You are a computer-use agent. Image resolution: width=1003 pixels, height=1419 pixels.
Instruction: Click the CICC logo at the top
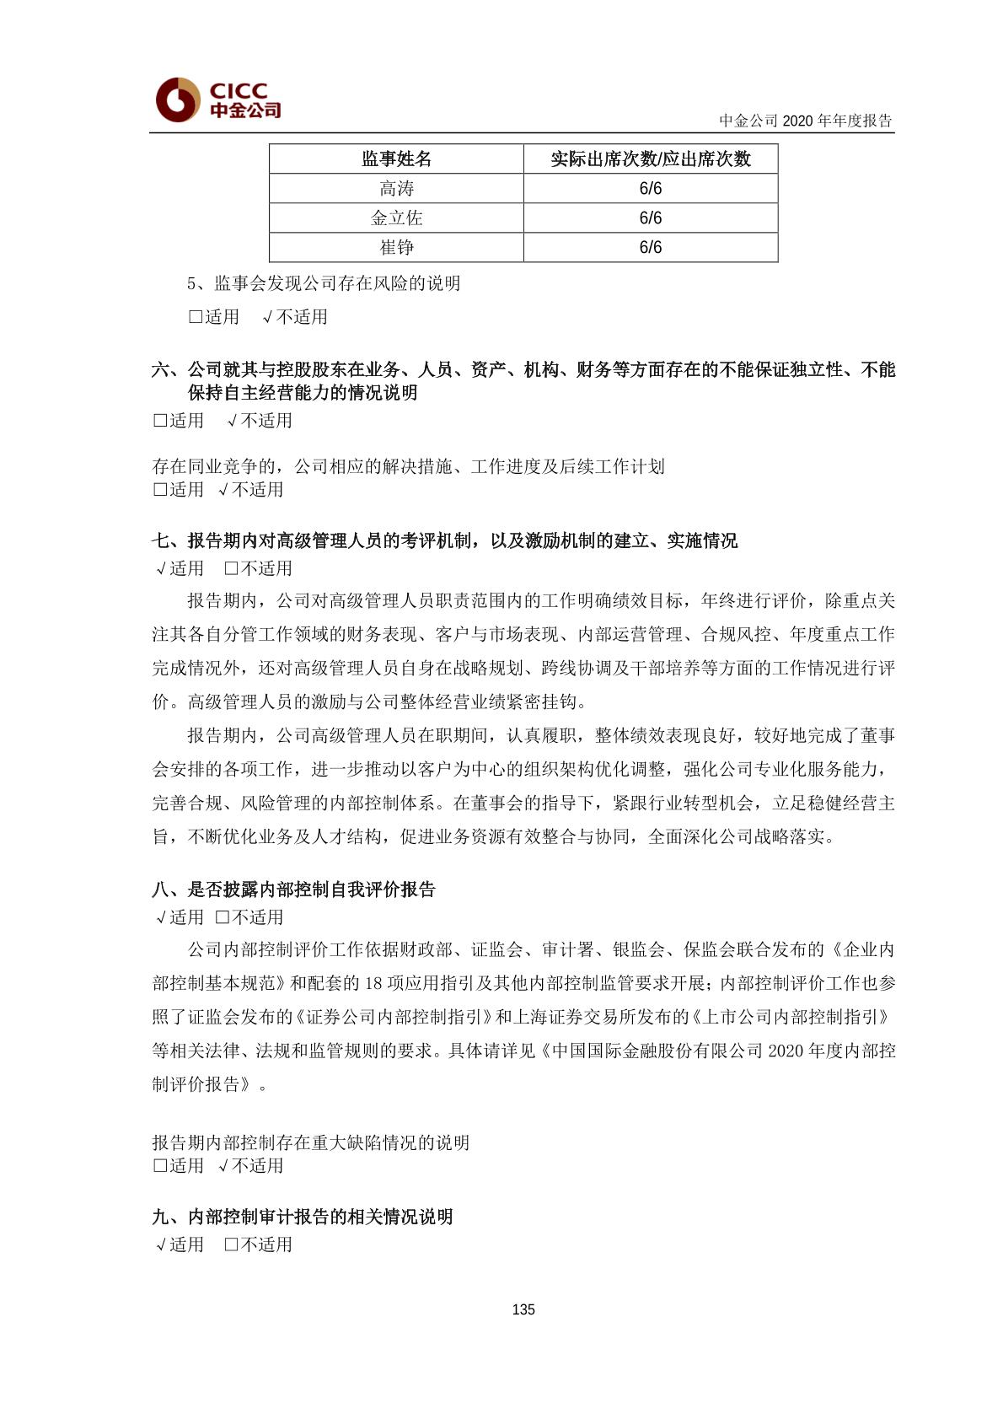[218, 99]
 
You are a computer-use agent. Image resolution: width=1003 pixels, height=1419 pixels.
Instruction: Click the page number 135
[523, 1309]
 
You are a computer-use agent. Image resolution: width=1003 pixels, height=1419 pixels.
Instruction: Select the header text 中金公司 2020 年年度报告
[805, 121]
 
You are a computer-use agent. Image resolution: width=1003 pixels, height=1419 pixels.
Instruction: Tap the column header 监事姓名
[396, 159]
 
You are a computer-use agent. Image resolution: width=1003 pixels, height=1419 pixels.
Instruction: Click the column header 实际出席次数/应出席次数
[650, 159]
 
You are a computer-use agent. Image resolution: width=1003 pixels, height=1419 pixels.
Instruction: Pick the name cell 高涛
[396, 189]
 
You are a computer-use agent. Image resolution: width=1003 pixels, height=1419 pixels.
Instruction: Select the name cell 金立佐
[396, 218]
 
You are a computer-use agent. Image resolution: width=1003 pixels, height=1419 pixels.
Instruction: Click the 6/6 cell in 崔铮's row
[650, 248]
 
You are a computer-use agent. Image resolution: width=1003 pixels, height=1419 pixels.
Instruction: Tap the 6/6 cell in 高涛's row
[650, 189]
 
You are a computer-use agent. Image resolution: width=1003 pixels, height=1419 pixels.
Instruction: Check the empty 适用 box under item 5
[196, 317]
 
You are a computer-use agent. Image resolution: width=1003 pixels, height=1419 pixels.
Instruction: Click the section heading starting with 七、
[444, 540]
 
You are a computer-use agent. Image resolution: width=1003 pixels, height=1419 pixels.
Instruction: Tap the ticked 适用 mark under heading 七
[161, 569]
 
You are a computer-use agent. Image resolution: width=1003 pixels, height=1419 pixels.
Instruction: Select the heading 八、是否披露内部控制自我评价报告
[293, 890]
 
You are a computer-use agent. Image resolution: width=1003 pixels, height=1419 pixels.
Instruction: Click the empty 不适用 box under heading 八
[223, 917]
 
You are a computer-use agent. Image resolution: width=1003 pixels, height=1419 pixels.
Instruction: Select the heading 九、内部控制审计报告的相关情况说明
[303, 1217]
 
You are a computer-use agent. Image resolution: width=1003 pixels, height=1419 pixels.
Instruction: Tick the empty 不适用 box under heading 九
[232, 1244]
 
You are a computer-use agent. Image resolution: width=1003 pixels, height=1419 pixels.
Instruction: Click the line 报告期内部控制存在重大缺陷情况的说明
[310, 1142]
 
